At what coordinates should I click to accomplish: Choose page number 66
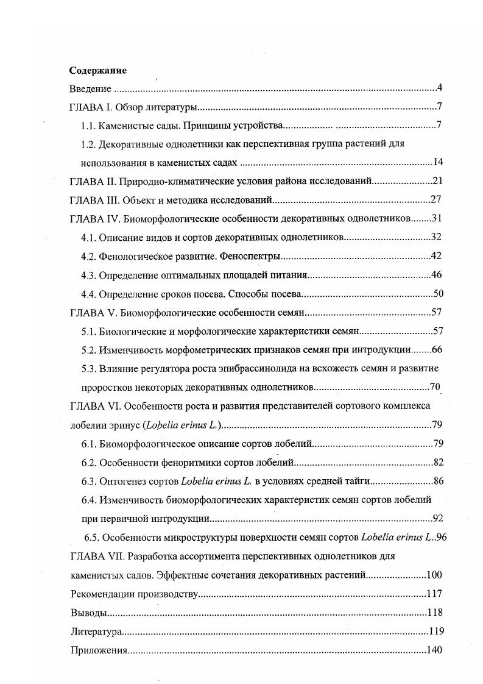(437, 350)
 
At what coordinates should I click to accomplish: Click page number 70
(434, 387)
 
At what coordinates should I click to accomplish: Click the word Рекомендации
(100, 593)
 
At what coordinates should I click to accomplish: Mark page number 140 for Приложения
(434, 650)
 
